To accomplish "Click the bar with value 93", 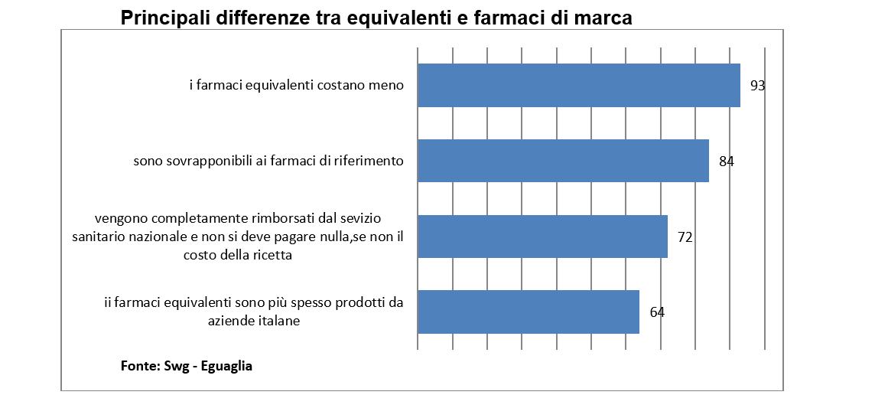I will [x=578, y=85].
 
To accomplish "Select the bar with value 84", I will [x=563, y=161].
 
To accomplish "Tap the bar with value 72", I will [x=542, y=237].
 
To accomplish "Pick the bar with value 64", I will [x=528, y=312].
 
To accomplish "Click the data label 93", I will [x=757, y=86].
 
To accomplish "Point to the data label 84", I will [x=727, y=162].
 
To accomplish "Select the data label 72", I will [x=685, y=237].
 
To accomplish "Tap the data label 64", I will [x=657, y=312].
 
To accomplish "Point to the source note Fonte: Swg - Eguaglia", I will [x=187, y=366].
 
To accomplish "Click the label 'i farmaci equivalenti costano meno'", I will [x=296, y=85].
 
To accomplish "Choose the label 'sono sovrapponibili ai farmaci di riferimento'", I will [x=268, y=161].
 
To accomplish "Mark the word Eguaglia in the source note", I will [x=227, y=366].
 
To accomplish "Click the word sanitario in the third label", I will [x=98, y=237].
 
